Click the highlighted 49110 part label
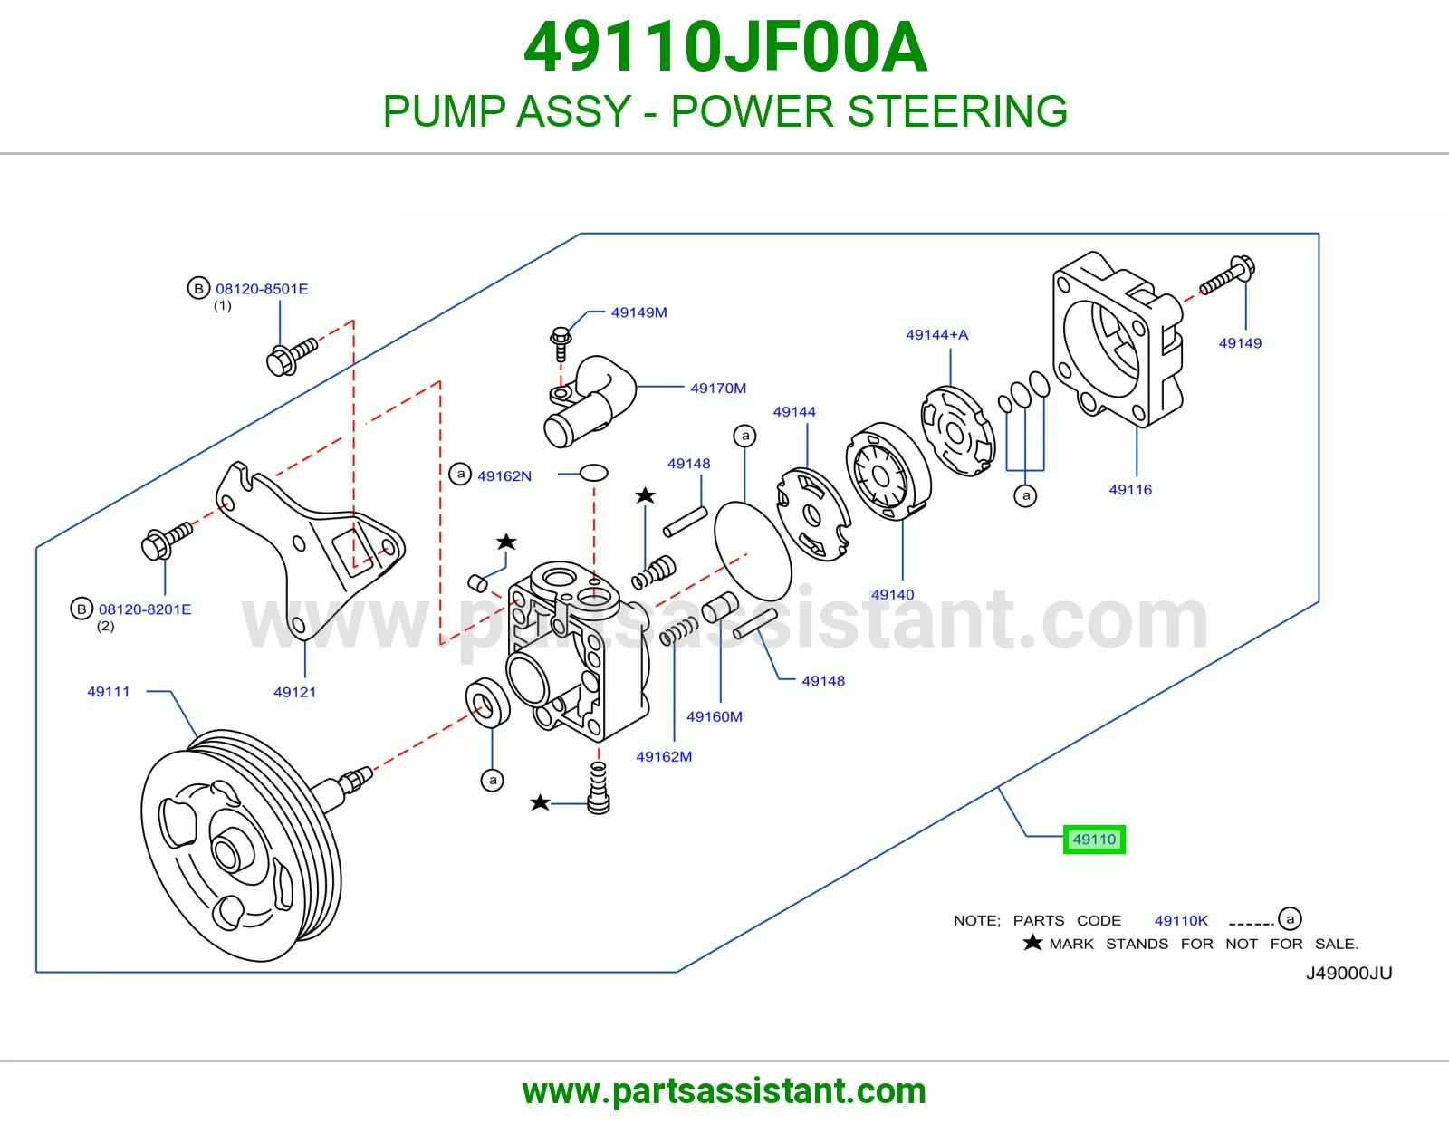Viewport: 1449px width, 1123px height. click(x=1094, y=839)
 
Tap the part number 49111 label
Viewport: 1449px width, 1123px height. click(x=108, y=692)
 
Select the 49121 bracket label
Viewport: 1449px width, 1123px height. click(x=294, y=692)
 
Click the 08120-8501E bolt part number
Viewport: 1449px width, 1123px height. click(x=262, y=289)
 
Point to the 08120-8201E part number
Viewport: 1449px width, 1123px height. click(x=145, y=609)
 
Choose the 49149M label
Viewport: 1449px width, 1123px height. click(x=638, y=312)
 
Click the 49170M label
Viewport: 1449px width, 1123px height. click(x=718, y=389)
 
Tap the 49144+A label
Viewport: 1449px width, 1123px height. click(x=937, y=334)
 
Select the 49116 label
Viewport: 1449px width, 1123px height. click(x=1130, y=489)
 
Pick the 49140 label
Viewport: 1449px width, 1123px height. click(x=892, y=594)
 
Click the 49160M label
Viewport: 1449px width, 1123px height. click(x=715, y=716)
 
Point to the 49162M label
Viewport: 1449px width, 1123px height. click(x=664, y=756)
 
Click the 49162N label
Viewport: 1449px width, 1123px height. click(x=504, y=476)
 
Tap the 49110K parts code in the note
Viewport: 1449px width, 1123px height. click(x=1181, y=920)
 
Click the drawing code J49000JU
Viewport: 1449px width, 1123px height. click(x=1348, y=973)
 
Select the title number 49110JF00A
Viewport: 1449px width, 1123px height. click(x=724, y=47)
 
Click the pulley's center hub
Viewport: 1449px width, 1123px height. click(x=226, y=854)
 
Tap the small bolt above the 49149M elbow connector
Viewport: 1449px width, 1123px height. click(x=561, y=343)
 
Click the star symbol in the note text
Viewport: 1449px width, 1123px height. click(x=1032, y=942)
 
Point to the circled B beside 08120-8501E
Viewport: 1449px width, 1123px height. click(x=198, y=288)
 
